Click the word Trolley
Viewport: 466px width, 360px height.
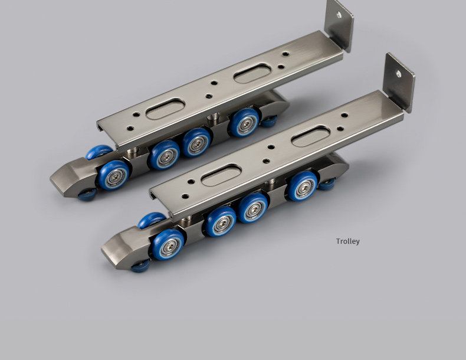[x=347, y=241]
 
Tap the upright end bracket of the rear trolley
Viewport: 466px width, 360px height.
[x=339, y=25]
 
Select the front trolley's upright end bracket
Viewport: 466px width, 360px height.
[x=399, y=83]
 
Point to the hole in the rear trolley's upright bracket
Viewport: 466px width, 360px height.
[x=339, y=14]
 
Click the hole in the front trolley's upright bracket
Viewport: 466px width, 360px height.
[x=398, y=73]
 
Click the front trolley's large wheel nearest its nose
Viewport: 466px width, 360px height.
[x=168, y=245]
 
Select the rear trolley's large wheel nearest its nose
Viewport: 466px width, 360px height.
[x=114, y=175]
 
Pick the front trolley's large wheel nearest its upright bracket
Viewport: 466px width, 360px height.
[x=303, y=186]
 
